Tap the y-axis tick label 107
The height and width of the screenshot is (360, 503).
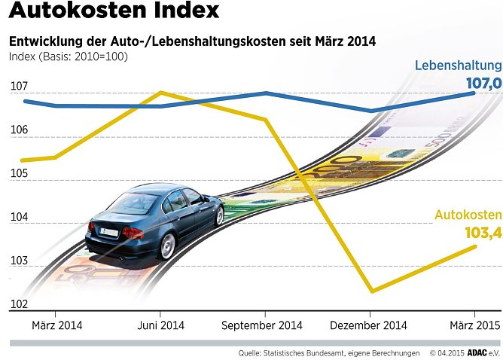[19, 87]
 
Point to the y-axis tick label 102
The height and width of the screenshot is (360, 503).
[19, 304]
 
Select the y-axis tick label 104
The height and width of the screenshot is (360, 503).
[19, 218]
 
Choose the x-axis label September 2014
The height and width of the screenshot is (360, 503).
[262, 325]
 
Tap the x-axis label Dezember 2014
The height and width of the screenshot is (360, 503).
[369, 325]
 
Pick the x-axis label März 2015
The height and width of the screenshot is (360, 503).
[473, 325]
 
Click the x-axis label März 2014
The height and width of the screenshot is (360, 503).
[57, 325]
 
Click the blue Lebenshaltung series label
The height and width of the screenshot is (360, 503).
[458, 66]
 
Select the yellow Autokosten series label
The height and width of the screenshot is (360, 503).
[468, 215]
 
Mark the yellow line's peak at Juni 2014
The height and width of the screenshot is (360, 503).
[160, 93]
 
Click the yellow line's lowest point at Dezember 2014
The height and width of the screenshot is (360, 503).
[370, 291]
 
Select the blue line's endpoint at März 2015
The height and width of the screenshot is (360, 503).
[474, 93]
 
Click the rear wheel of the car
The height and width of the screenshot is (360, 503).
[166, 245]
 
